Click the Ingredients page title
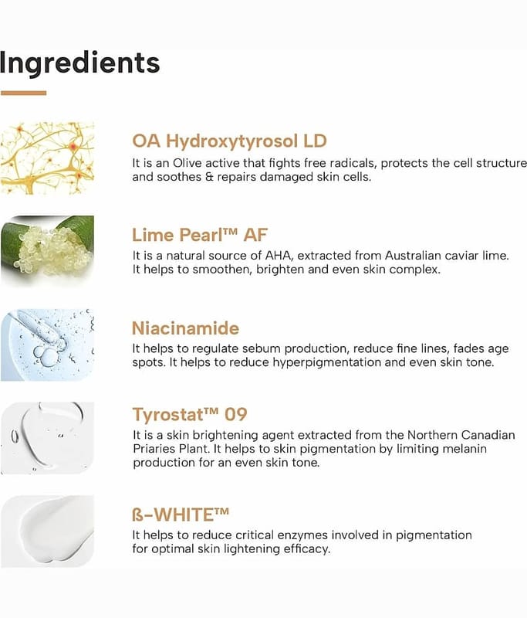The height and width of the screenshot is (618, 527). pyautogui.click(x=79, y=64)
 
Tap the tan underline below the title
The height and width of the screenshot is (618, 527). pyautogui.click(x=23, y=93)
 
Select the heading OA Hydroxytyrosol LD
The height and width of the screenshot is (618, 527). pyautogui.click(x=229, y=141)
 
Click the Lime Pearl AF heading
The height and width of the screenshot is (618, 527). pyautogui.click(x=200, y=235)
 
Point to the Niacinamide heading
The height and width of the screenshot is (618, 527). pyautogui.click(x=185, y=328)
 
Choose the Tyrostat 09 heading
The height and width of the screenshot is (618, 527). pyautogui.click(x=190, y=414)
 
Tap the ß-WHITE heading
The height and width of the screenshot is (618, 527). pyautogui.click(x=181, y=514)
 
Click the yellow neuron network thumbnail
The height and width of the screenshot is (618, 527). pyautogui.click(x=47, y=158)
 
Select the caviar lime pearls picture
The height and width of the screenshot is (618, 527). pyautogui.click(x=47, y=251)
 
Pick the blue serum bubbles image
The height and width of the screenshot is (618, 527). pyautogui.click(x=47, y=345)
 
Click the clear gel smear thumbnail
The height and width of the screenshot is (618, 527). pyautogui.click(x=47, y=438)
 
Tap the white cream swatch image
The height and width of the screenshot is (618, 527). pyautogui.click(x=47, y=531)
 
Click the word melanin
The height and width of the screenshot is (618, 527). pyautogui.click(x=465, y=449)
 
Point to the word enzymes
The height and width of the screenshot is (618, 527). pyautogui.click(x=302, y=535)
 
